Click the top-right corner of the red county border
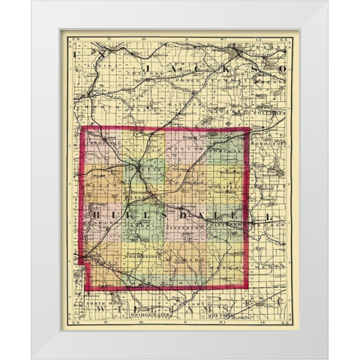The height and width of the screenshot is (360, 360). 250,129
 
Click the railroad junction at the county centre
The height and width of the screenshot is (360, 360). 140,177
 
